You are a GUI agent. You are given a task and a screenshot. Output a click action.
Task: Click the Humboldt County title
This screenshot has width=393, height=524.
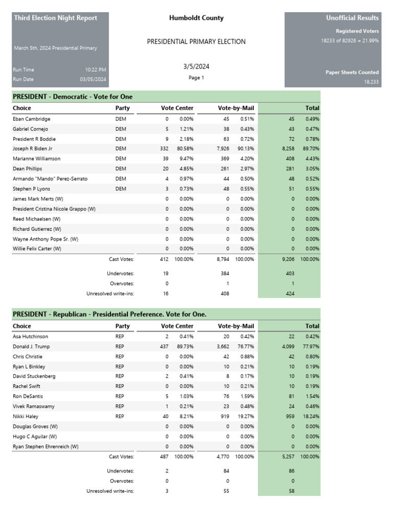click(196, 18)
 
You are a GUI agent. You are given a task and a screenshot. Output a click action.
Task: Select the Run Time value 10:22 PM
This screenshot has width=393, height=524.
click(96, 70)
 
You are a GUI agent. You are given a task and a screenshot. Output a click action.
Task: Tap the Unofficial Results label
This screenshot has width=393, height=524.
click(352, 18)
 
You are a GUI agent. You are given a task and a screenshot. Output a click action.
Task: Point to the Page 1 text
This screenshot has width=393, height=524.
click(196, 78)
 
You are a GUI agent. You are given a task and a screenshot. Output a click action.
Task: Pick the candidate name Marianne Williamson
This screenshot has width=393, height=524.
click(36, 159)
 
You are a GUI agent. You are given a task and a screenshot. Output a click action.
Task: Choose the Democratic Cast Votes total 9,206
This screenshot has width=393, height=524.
click(288, 259)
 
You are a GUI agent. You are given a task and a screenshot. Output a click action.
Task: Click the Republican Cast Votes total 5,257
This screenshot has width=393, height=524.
click(288, 456)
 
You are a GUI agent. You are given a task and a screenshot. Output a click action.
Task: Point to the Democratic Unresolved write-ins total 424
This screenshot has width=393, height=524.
click(290, 294)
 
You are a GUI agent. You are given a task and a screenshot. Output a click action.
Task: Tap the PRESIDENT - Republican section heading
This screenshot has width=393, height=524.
click(110, 314)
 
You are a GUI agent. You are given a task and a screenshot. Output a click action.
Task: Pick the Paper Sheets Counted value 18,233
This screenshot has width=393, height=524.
click(371, 82)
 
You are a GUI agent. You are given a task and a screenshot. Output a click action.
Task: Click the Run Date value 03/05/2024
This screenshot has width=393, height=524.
click(93, 79)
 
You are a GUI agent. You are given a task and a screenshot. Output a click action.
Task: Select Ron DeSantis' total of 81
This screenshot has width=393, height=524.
click(291, 397)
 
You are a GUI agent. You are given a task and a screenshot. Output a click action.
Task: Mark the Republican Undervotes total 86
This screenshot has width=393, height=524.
click(291, 471)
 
